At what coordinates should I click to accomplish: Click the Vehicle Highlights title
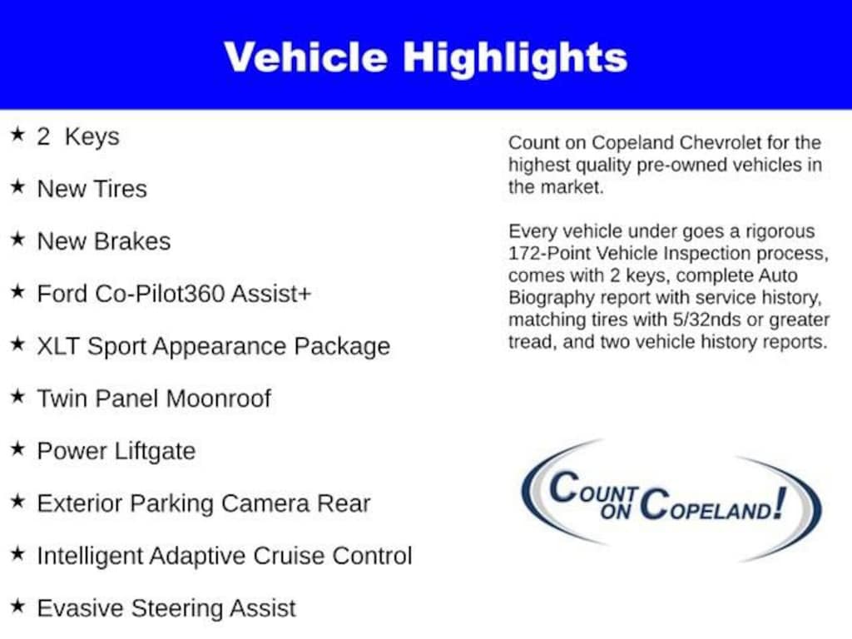(425, 57)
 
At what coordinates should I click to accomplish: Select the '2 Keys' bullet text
(77, 136)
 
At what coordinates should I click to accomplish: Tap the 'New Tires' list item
(92, 189)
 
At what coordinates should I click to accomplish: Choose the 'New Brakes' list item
(103, 241)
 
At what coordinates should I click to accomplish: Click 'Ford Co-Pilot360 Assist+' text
(174, 294)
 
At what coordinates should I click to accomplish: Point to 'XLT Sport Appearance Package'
(213, 346)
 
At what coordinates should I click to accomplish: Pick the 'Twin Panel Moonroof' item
(154, 399)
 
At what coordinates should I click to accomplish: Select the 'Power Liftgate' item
(116, 451)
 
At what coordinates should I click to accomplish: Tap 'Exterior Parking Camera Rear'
(203, 503)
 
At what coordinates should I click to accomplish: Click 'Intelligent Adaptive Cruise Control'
(224, 556)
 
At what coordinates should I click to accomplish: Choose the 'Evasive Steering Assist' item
(166, 608)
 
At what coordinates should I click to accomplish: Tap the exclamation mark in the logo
(779, 502)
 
